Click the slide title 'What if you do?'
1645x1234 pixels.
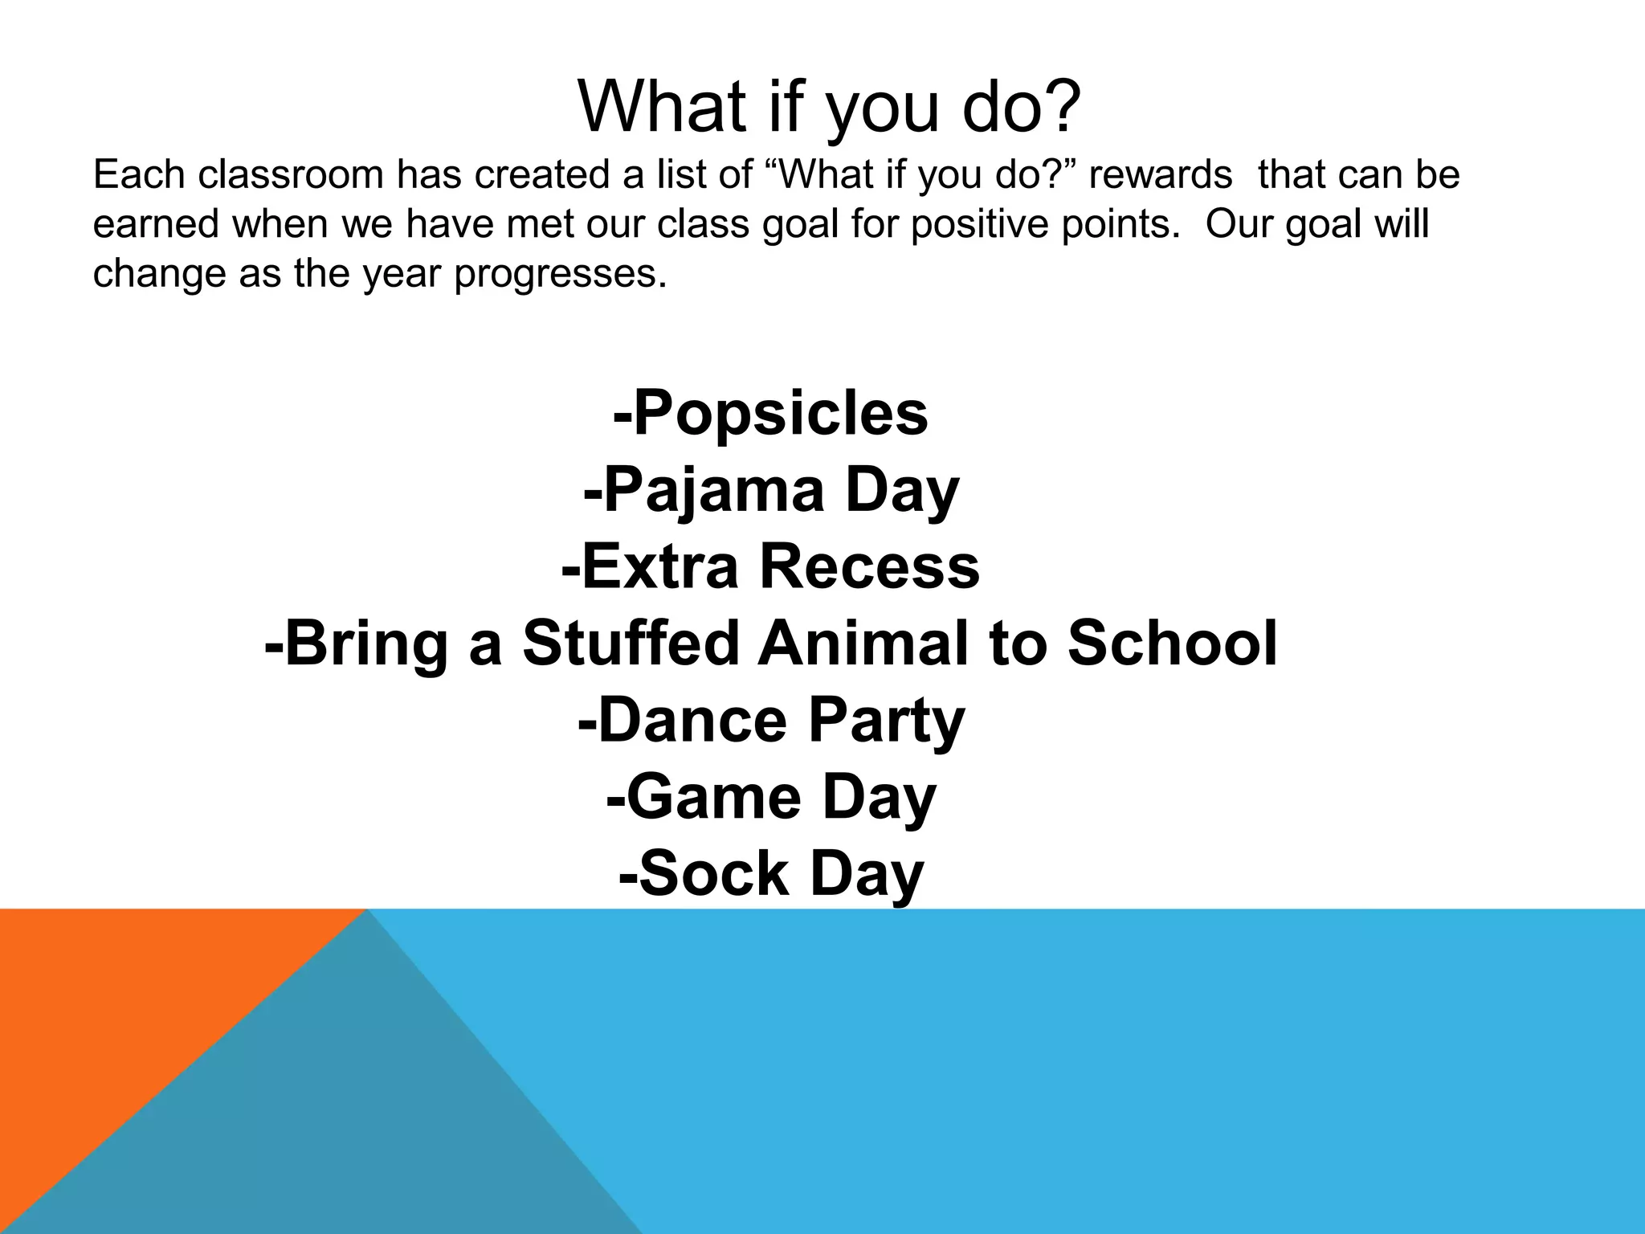tap(830, 108)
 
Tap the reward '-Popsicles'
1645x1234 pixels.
tap(770, 414)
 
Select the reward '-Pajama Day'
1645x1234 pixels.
tap(770, 491)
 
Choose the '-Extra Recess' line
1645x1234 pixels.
tap(770, 567)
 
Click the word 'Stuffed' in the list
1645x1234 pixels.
tap(630, 644)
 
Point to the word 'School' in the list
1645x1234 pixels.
tap(1172, 644)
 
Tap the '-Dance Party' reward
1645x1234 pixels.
tap(770, 721)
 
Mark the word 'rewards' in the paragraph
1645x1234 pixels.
tap(1160, 175)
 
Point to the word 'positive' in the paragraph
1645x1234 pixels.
tap(979, 224)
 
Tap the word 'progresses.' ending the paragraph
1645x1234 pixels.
tap(560, 275)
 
